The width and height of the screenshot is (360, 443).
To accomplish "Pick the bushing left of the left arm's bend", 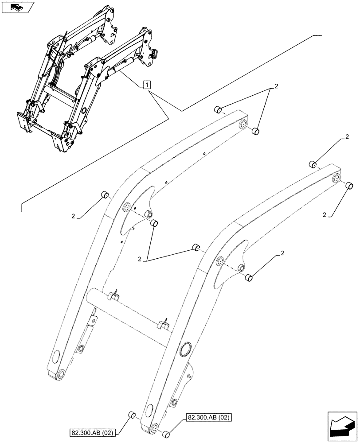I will click(x=105, y=194).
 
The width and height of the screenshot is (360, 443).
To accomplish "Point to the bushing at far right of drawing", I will click(x=349, y=186).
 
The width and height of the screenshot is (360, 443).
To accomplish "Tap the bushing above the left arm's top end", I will click(x=218, y=109).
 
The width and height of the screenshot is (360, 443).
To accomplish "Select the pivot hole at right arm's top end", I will click(x=336, y=179).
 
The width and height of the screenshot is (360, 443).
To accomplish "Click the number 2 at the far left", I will click(x=73, y=217).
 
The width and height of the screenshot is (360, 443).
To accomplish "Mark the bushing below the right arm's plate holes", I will click(x=250, y=278).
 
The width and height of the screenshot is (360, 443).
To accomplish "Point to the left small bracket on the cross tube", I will click(x=114, y=296).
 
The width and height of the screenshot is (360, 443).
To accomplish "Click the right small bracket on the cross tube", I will click(x=164, y=324).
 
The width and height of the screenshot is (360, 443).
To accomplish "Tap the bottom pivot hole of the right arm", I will click(x=153, y=428).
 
